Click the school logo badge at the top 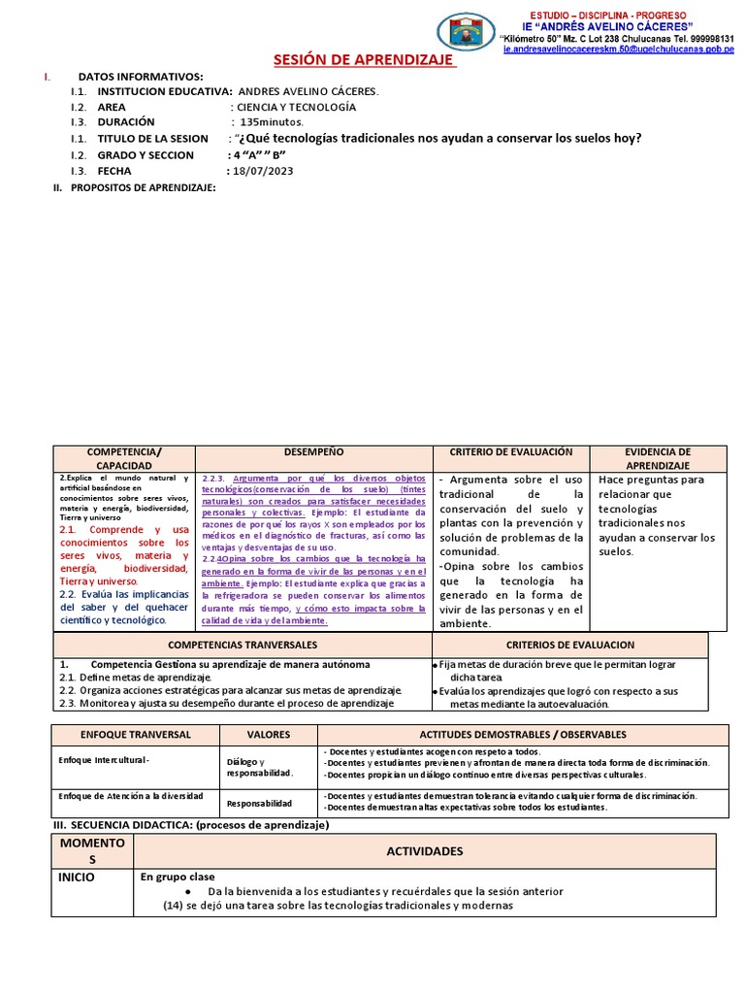468,31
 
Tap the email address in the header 619,49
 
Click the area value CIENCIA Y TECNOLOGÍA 293,107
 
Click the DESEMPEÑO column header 313,453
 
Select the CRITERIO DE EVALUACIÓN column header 510,453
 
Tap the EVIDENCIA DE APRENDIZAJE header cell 658,459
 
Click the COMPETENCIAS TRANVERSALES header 243,645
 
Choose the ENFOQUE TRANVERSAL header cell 135,735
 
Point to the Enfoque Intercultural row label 105,759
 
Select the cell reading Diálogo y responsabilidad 259,767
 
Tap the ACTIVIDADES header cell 424,850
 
